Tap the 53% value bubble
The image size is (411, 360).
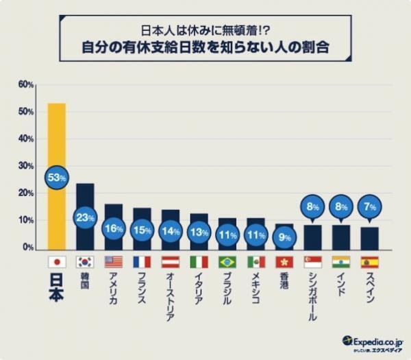pos(56,178)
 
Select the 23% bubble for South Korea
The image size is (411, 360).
pos(85,218)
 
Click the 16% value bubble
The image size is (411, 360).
pos(114,229)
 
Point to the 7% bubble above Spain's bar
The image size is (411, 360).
pos(370,205)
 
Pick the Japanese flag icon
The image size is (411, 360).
pos(56,262)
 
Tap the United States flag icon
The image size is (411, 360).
pos(114,262)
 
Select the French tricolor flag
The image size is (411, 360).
pos(142,262)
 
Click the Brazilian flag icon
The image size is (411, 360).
pos(227,262)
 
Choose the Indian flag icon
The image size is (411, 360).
pos(340,262)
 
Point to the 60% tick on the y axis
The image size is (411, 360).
pos(26,84)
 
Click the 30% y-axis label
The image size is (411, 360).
pos(26,166)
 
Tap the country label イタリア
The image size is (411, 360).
pos(199,291)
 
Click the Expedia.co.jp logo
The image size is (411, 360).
pos(373,341)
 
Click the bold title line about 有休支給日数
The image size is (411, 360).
pos(206,49)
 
